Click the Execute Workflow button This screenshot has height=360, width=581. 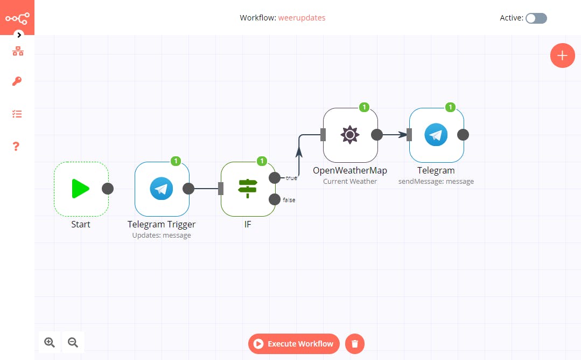point(294,344)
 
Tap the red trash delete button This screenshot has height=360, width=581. point(355,344)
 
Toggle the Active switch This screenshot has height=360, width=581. point(536,18)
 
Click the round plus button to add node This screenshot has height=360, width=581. point(562,56)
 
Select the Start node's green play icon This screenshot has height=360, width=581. point(81,189)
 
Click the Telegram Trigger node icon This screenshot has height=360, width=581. point(162,189)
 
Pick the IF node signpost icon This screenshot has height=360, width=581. point(248,189)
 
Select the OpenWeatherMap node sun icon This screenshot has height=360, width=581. point(350,135)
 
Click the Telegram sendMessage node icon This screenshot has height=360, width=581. point(436,135)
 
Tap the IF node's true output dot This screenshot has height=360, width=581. point(274,178)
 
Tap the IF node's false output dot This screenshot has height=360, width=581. point(274,199)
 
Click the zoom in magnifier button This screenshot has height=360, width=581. point(50,342)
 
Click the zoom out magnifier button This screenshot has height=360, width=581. point(73,342)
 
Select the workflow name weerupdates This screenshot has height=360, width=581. point(302,18)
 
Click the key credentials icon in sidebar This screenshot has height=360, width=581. point(17,82)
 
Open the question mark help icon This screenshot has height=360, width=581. point(17,146)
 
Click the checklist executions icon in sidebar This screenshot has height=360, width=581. point(17,114)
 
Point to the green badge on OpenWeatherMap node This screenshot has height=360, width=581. point(364,107)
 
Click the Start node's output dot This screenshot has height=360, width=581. point(108,189)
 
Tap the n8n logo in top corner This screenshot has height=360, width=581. point(17,18)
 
